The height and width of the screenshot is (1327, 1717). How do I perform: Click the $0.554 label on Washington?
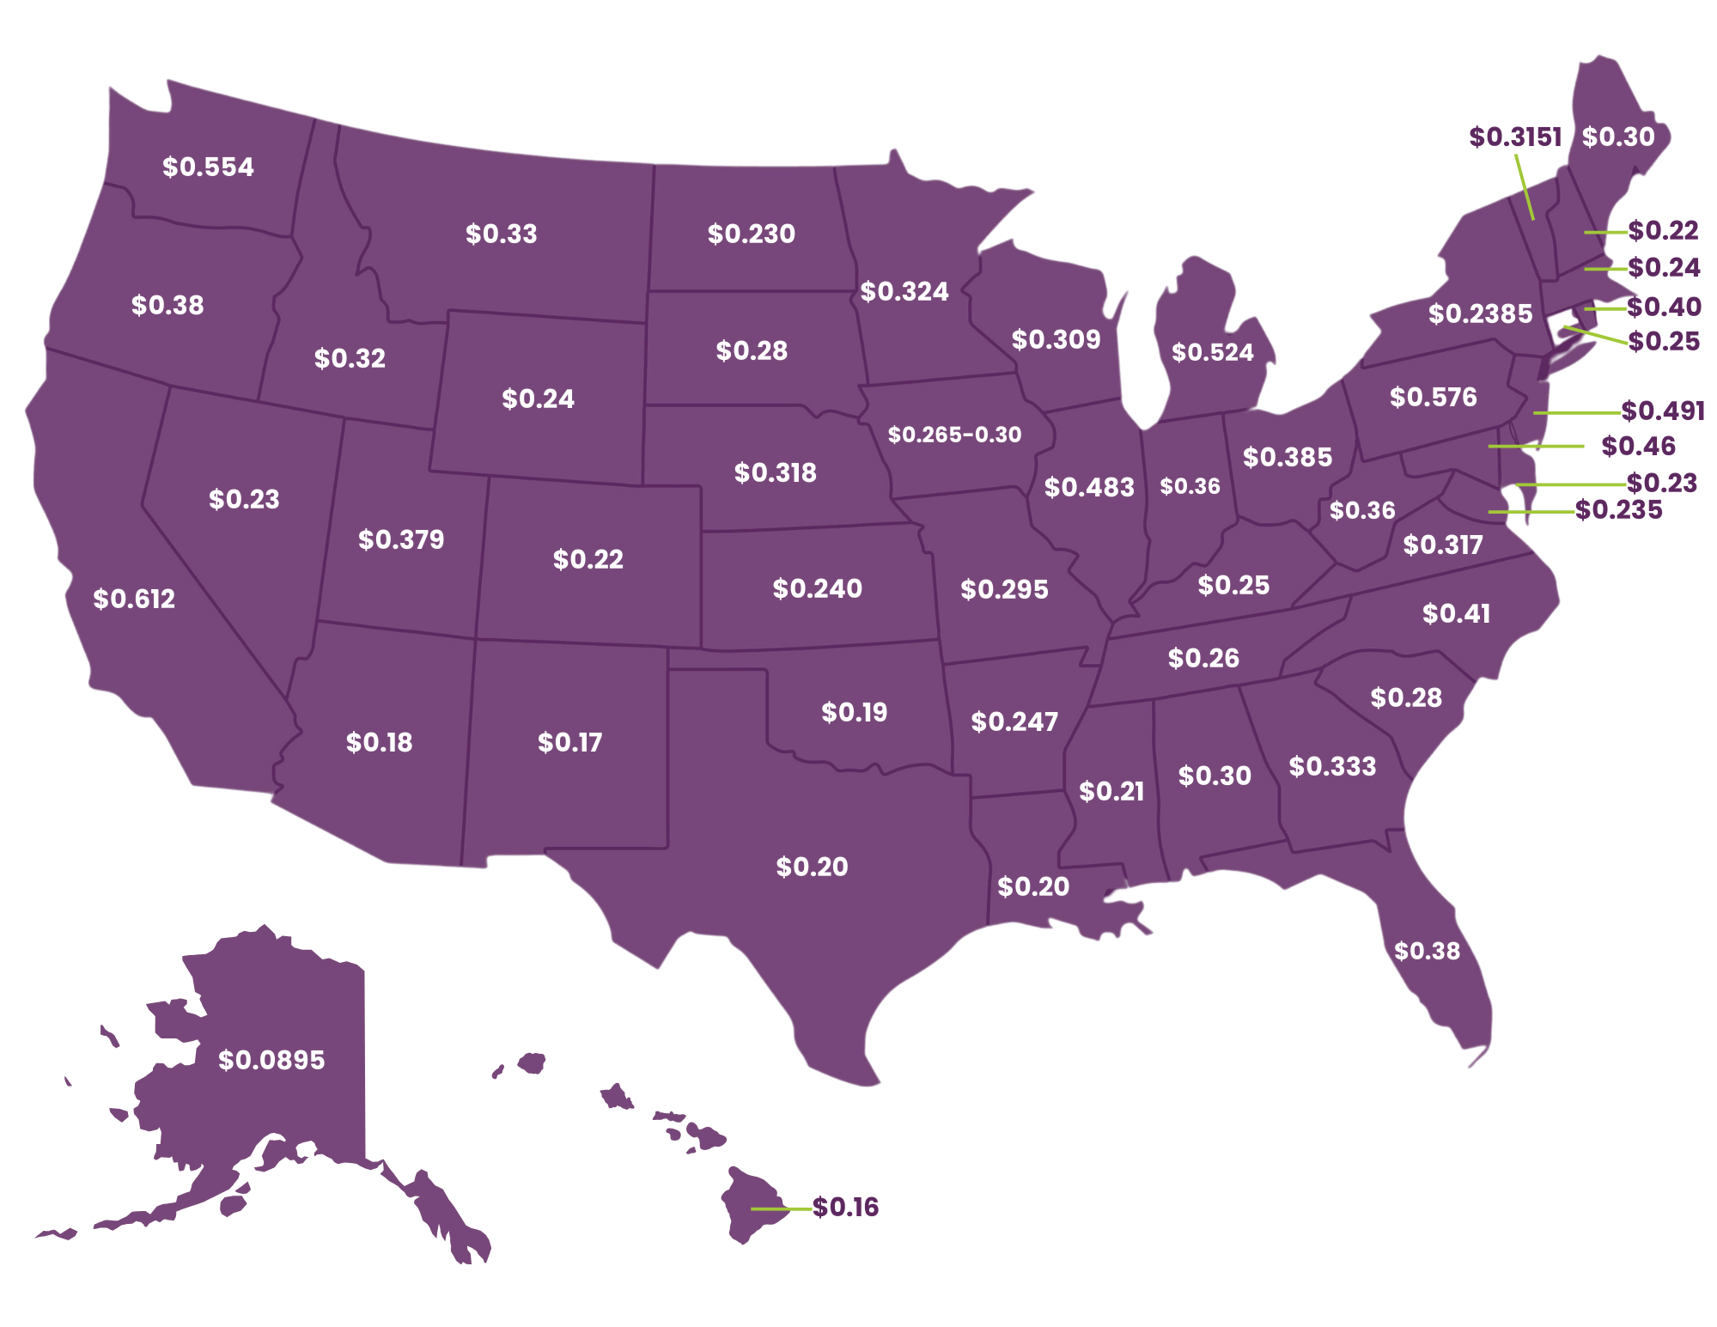point(208,167)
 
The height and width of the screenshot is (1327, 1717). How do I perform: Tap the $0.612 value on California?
point(134,599)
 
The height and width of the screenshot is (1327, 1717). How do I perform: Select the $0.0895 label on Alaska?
point(271,1060)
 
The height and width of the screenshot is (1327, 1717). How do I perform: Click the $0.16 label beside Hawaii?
point(845,1207)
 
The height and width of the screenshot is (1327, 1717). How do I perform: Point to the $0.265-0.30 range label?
point(954,435)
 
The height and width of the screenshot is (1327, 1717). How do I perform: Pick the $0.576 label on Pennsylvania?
point(1433,397)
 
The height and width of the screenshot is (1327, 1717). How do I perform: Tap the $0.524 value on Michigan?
point(1212,352)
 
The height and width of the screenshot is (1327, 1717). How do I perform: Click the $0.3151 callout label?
point(1514,137)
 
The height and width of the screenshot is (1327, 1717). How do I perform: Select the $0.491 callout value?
point(1662,411)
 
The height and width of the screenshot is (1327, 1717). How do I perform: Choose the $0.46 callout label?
point(1638,446)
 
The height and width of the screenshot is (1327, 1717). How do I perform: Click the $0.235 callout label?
point(1618,509)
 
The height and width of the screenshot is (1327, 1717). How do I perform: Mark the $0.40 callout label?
point(1664,307)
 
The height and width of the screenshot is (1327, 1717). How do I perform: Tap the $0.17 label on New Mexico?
point(569,742)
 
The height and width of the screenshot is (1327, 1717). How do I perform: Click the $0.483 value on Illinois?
point(1089,487)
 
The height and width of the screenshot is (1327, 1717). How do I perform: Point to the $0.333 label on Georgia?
point(1332,766)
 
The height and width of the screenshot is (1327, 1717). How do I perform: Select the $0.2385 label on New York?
point(1480,313)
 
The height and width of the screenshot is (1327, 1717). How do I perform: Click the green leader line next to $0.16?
point(781,1208)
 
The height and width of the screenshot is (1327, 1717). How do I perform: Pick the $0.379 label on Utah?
point(401,539)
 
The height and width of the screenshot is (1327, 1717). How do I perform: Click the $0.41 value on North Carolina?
point(1456,613)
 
